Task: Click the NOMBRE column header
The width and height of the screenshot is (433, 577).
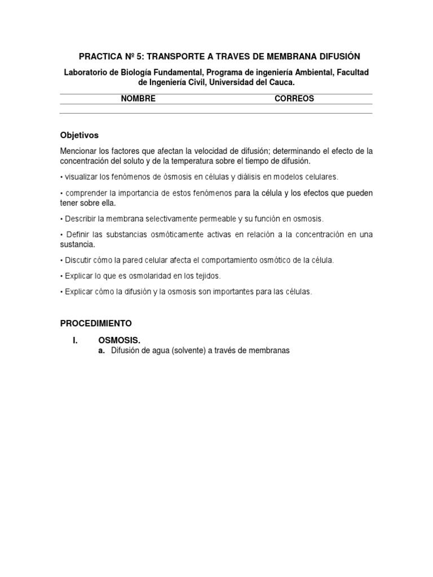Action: pyautogui.click(x=138, y=99)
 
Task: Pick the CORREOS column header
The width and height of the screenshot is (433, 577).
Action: pyautogui.click(x=294, y=99)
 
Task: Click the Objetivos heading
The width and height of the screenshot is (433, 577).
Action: pyautogui.click(x=79, y=135)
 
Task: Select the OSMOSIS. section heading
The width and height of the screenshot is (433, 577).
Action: pyautogui.click(x=119, y=340)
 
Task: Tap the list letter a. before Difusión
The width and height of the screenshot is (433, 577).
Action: pyautogui.click(x=101, y=350)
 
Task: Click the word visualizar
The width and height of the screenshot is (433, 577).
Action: pyautogui.click(x=82, y=177)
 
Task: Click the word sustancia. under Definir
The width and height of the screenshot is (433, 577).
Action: pyautogui.click(x=78, y=245)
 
